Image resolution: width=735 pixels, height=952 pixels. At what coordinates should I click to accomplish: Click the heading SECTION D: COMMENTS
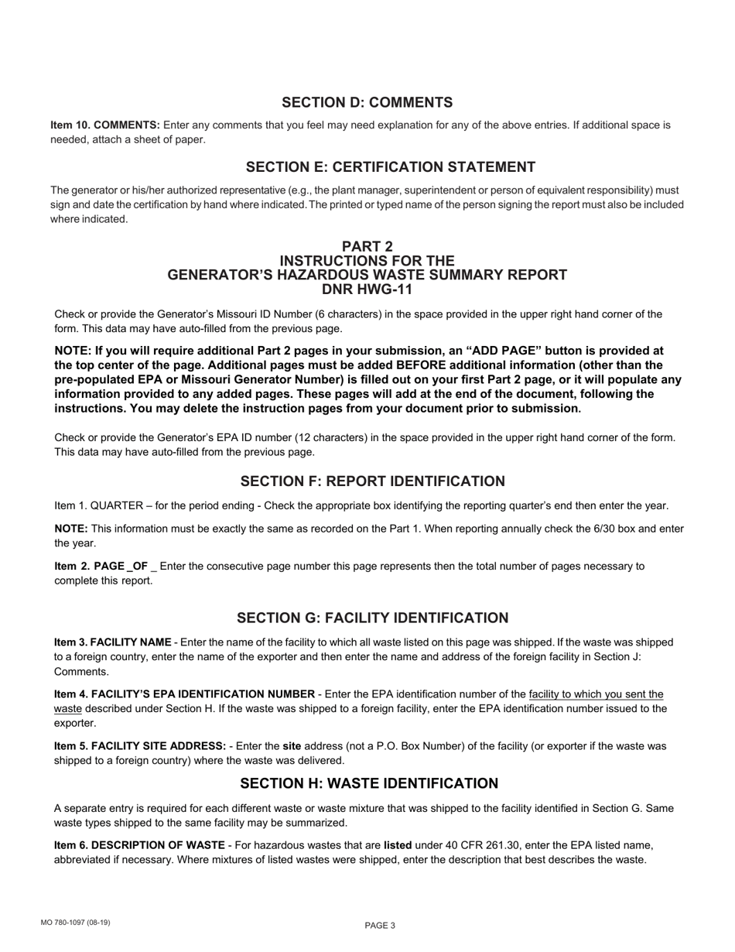click(x=367, y=103)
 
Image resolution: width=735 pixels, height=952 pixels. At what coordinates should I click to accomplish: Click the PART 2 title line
click(x=367, y=247)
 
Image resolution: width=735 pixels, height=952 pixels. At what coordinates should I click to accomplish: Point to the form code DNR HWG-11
click(x=367, y=289)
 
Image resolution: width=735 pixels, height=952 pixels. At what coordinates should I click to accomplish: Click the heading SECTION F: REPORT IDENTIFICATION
click(x=372, y=481)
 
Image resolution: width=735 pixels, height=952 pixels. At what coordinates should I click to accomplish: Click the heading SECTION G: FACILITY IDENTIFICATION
click(x=372, y=618)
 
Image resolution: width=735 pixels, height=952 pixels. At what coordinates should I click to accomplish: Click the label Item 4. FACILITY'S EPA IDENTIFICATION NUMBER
click(x=184, y=693)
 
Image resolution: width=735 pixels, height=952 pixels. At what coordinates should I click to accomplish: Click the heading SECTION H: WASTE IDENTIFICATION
click(x=369, y=783)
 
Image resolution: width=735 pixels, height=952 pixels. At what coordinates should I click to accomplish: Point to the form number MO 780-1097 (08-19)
click(x=76, y=922)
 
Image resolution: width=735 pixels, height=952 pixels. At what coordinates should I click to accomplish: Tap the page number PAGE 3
click(x=380, y=925)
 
